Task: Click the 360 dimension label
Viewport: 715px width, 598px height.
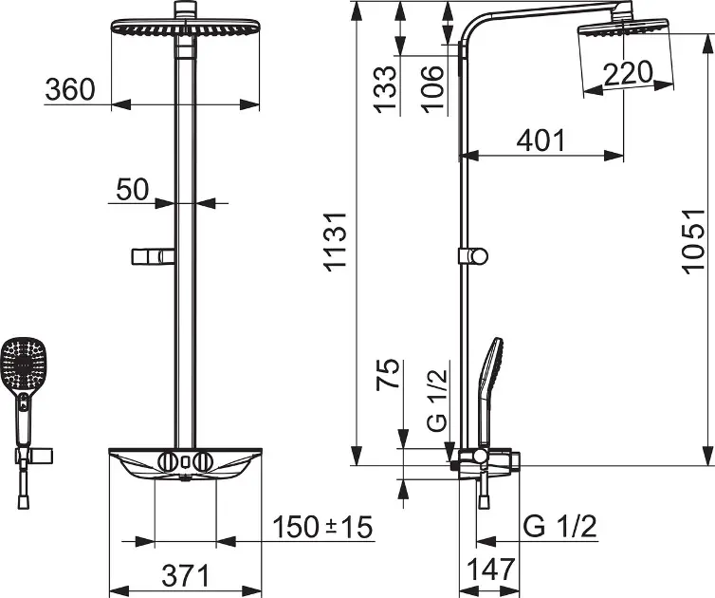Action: pyautogui.click(x=70, y=89)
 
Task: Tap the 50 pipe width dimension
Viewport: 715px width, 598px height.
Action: pyautogui.click(x=132, y=190)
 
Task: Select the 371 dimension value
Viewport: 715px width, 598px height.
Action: pyautogui.click(x=186, y=575)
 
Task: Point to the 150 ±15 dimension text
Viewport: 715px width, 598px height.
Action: pyautogui.click(x=322, y=527)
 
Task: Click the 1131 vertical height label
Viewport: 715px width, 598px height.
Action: pyautogui.click(x=336, y=242)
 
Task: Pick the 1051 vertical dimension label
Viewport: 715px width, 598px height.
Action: pyautogui.click(x=693, y=242)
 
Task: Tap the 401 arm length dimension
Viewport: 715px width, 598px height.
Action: pyautogui.click(x=541, y=140)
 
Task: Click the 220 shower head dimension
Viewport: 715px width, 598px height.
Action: pyautogui.click(x=629, y=73)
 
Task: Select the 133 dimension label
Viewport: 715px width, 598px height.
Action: pyautogui.click(x=385, y=89)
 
